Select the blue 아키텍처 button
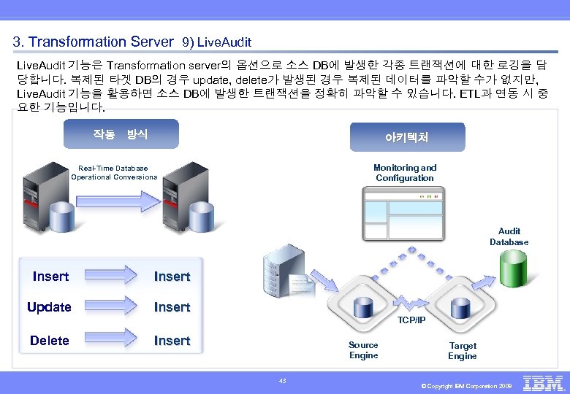coord(407,137)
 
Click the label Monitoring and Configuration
coord(405,173)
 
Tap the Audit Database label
coord(509,236)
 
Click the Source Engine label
coord(363,350)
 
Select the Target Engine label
coord(462,351)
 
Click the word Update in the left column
coord(49,307)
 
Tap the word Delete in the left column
coord(50,341)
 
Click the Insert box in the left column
coord(51,277)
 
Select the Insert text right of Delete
coord(172,341)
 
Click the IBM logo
coord(543,383)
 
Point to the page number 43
coord(284,379)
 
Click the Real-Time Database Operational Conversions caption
coord(114,172)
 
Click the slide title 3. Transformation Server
coord(94,42)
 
